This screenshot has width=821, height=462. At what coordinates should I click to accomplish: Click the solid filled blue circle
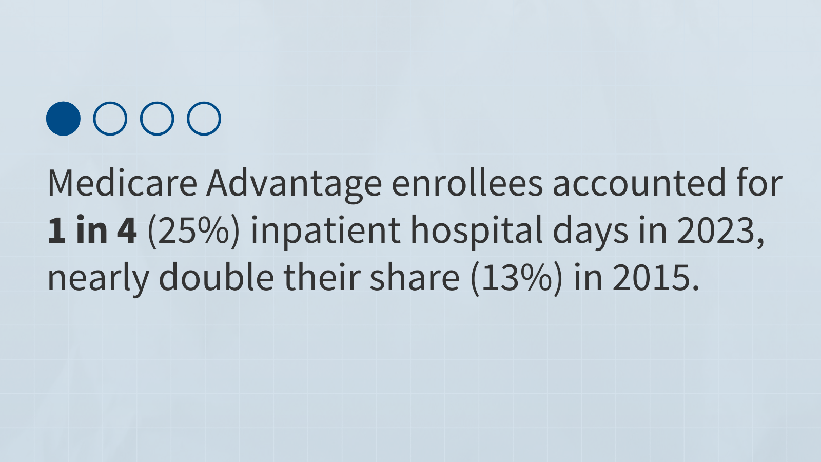pos(64,119)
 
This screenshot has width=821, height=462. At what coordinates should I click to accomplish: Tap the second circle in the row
pos(94,119)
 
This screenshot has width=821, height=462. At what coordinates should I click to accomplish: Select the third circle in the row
pos(141,119)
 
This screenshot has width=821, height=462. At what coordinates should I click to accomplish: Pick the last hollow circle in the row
pos(188,119)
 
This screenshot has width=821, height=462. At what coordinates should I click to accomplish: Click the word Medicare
pos(123,183)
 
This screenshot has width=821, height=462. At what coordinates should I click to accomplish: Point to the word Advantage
pos(295,185)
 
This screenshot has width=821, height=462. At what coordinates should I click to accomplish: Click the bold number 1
pos(57,230)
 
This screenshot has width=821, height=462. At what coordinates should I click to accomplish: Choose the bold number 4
pos(127,230)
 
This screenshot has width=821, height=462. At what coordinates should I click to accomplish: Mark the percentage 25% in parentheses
pos(193,232)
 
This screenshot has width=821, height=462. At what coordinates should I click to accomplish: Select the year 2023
pos(715,230)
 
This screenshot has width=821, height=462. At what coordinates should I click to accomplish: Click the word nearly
pos(99,279)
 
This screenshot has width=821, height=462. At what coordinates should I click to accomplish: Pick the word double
pos(216,277)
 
